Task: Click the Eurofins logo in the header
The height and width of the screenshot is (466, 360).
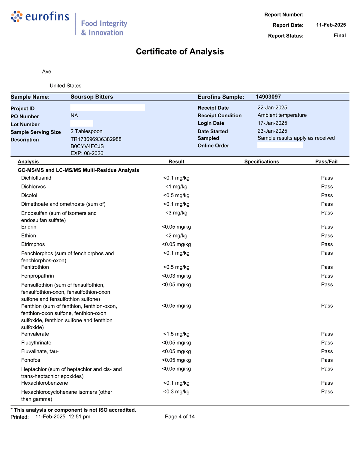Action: click(x=40, y=17)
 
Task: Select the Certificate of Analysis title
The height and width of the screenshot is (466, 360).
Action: click(x=180, y=52)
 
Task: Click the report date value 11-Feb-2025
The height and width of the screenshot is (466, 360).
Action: click(x=331, y=25)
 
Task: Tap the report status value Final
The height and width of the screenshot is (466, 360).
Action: click(x=340, y=35)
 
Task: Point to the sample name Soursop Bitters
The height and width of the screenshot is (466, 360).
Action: click(x=92, y=97)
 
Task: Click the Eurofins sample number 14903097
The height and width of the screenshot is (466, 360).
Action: click(x=268, y=97)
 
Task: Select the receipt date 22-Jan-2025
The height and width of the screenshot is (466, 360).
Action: click(x=272, y=107)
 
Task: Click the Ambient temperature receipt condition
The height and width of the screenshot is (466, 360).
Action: click(x=282, y=115)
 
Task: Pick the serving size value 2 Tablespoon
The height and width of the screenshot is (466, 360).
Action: click(x=86, y=131)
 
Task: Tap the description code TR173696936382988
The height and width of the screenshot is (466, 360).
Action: click(x=96, y=139)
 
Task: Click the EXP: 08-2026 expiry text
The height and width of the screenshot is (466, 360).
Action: click(x=87, y=153)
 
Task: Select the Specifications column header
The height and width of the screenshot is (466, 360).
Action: click(x=262, y=162)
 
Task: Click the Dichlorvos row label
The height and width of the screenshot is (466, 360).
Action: click(x=34, y=187)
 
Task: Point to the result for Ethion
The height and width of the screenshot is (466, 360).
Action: click(x=176, y=236)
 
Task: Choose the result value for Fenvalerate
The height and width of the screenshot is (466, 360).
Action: click(x=176, y=334)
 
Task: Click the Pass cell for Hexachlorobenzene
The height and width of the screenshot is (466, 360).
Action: click(x=327, y=383)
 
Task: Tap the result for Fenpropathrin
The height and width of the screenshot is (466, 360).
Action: click(x=176, y=276)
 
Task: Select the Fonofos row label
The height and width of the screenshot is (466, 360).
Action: click(x=31, y=360)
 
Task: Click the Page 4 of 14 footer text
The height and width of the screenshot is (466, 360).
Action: click(x=180, y=417)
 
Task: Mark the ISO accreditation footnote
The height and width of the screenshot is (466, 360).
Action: click(x=73, y=410)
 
